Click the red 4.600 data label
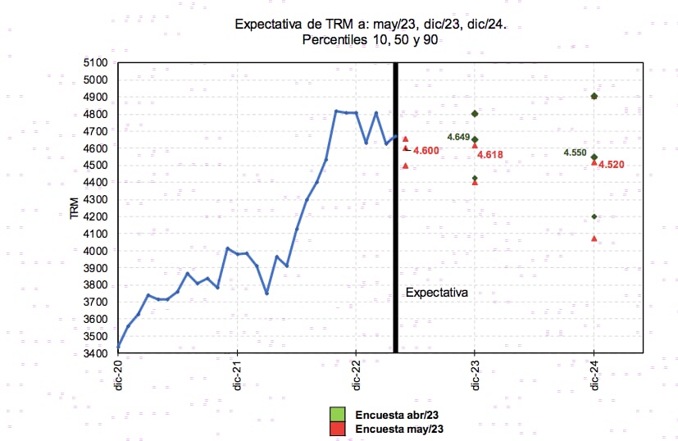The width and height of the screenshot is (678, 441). click(426, 151)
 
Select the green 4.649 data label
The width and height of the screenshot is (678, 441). click(458, 137)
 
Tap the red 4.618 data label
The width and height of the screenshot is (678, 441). click(490, 155)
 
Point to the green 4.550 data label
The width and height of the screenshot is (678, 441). click(575, 153)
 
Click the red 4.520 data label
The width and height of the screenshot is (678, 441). click(612, 165)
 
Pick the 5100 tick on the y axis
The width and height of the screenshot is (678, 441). click(97, 63)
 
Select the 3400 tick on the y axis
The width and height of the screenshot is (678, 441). click(97, 353)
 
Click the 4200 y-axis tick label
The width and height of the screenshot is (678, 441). click(97, 216)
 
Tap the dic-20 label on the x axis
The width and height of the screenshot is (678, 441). click(118, 375)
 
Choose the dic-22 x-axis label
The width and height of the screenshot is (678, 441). click(356, 375)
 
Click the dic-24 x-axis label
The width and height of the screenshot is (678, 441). click(594, 375)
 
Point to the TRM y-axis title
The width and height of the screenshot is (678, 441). click(75, 208)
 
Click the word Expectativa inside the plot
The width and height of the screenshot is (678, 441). click(437, 292)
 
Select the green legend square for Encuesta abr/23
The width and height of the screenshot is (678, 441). click(337, 413)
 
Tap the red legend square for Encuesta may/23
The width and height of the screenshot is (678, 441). click(337, 428)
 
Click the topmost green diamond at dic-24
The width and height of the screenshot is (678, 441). click(594, 97)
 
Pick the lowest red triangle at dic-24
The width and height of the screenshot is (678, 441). click(594, 239)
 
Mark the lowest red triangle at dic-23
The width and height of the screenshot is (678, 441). click(475, 182)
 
